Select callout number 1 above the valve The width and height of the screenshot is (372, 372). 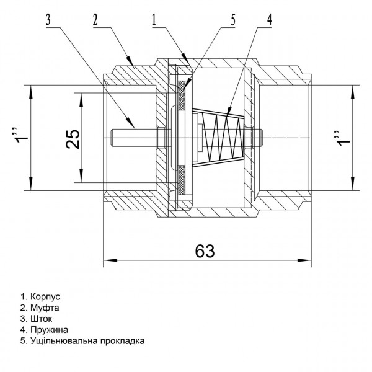pyautogui.click(x=153, y=19)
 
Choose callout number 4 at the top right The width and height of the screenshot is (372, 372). pyautogui.click(x=269, y=19)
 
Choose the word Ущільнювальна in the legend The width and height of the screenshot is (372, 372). pyautogui.click(x=62, y=341)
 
